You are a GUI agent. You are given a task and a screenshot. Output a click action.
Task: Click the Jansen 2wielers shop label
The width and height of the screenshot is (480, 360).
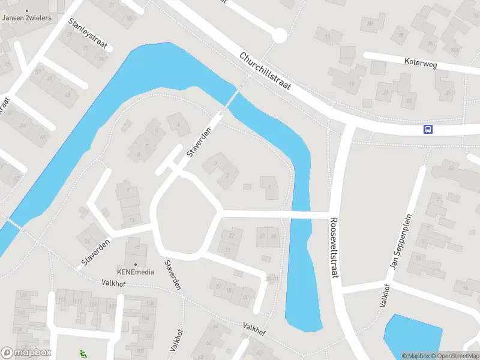pyautogui.click(x=27, y=18)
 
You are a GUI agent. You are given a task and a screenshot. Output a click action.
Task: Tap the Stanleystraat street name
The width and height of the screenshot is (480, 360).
pyautogui.click(x=88, y=34)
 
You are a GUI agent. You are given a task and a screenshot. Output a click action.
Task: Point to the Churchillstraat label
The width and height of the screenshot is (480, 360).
pyautogui.click(x=265, y=71)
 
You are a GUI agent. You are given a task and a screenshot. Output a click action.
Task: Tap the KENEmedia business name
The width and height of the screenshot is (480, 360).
pyautogui.click(x=136, y=272)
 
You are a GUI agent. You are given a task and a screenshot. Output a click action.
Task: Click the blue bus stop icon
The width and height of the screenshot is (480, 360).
pyautogui.click(x=428, y=129)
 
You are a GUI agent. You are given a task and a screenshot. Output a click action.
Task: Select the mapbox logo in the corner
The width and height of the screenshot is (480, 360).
pyautogui.click(x=26, y=352)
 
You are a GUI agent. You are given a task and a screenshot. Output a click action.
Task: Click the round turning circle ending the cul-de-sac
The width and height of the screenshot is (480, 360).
pyautogui.click(x=279, y=37)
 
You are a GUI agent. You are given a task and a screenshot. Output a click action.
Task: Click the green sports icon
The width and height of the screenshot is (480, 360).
pyautogui.click(x=83, y=354)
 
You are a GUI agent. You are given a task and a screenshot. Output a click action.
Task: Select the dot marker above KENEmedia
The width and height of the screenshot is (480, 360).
pyautogui.click(x=136, y=265)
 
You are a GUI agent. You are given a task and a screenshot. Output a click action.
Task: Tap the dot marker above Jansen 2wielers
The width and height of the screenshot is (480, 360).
pyautogui.click(x=27, y=10)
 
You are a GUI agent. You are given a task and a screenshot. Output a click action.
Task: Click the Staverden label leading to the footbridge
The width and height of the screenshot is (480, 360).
pyautogui.click(x=200, y=142)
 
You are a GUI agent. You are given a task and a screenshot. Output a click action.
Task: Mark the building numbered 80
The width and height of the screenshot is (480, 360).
pyautogui.click(x=370, y=24)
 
